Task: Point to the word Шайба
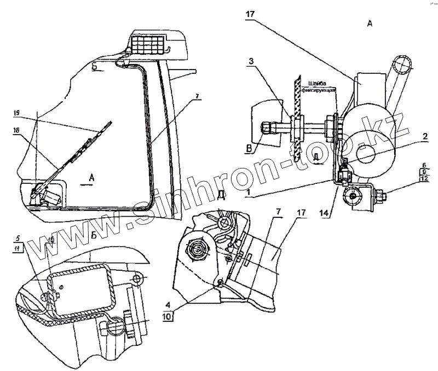(319, 83)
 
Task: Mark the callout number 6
(424, 164)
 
